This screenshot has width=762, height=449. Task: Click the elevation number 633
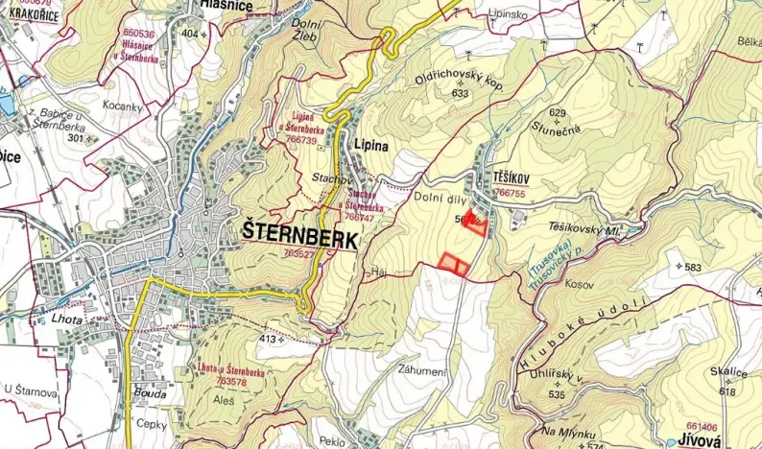[460, 93]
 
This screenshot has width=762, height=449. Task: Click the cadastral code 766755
[509, 193]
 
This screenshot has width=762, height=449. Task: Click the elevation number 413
[271, 340]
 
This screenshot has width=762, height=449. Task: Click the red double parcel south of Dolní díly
[454, 263]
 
